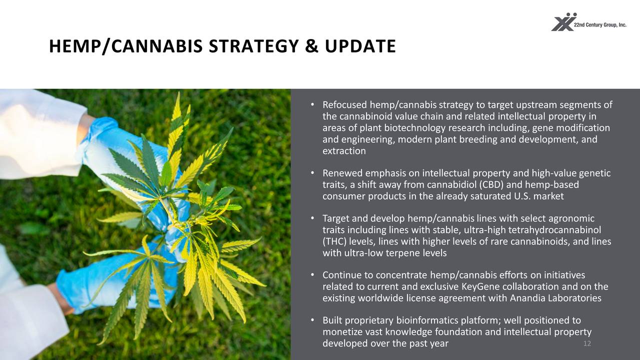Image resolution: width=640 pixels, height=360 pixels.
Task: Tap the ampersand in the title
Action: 311,46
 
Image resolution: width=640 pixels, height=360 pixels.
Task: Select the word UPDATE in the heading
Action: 360,46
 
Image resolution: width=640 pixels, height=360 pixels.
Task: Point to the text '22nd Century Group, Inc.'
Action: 600,25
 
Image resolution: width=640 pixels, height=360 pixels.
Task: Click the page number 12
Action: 587,343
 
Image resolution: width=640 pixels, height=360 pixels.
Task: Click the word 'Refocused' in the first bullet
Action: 345,105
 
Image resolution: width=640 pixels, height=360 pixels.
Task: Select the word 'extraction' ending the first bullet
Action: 344,151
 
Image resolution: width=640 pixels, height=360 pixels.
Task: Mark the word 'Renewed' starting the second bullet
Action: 342,173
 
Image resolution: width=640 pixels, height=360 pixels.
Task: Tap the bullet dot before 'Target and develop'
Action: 312,218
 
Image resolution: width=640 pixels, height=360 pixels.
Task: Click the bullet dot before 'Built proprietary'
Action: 312,320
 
